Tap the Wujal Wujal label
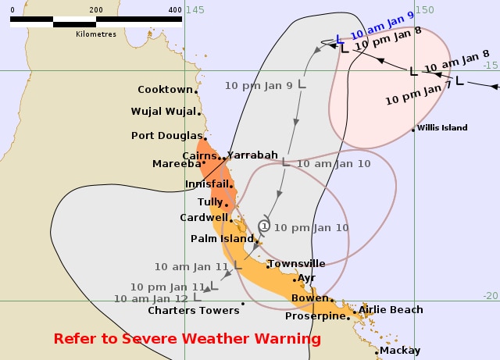click(163, 112)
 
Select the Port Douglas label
click(167, 135)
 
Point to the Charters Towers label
click(194, 311)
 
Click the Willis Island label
click(442, 127)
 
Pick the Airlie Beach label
click(391, 310)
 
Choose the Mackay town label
click(400, 351)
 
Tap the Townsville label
click(296, 264)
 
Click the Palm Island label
click(220, 238)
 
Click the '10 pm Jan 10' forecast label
click(310, 227)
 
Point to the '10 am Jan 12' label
click(151, 298)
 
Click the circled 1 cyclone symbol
click(264, 226)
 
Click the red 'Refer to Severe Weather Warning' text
click(187, 339)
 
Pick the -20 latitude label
click(490, 295)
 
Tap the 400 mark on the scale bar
click(176, 9)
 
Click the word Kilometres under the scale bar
click(96, 34)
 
